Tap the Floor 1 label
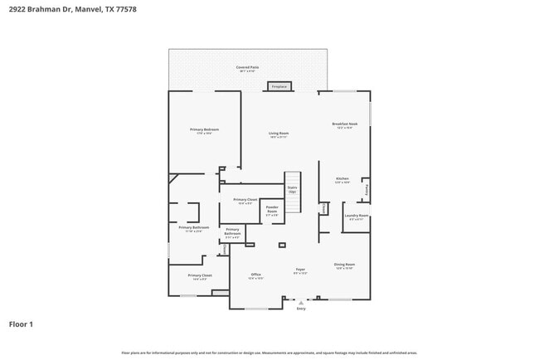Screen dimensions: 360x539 22,324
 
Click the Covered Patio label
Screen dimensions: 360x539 247,67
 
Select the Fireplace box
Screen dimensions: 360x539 279,86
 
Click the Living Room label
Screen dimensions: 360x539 278,134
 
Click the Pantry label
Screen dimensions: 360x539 367,189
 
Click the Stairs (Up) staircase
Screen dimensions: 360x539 293,186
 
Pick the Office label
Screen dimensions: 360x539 256,275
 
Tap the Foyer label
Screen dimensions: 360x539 300,270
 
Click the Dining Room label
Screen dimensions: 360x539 344,265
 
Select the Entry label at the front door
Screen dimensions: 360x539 300,308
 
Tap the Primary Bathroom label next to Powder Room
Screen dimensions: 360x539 232,232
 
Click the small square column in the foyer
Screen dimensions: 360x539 282,246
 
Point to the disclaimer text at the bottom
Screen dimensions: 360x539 269,353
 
